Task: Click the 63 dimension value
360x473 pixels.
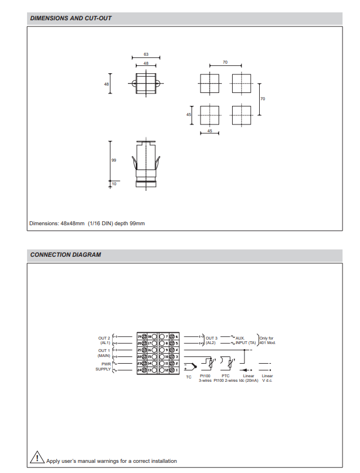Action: coord(146,54)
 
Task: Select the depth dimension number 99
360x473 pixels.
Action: coord(114,160)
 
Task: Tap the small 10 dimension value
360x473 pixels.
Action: coord(114,184)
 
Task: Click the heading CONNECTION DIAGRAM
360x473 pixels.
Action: coord(65,255)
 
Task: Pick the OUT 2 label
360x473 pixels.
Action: coord(104,338)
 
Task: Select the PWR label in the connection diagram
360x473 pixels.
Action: coord(105,364)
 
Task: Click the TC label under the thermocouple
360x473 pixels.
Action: coord(189,377)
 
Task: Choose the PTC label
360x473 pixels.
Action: coord(225,376)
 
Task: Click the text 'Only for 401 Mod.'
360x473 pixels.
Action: coord(267,340)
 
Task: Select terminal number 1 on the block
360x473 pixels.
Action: coord(176,370)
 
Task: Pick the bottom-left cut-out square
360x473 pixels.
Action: coord(209,115)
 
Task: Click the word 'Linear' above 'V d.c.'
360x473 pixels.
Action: coord(267,376)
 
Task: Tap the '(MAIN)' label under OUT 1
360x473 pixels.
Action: coord(104,356)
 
